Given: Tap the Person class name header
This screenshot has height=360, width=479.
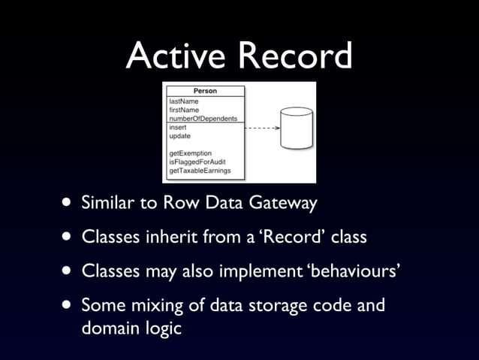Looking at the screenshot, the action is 205,91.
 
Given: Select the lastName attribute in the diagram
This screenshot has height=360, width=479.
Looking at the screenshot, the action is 184,101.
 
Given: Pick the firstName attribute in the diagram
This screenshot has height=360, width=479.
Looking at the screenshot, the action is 184,110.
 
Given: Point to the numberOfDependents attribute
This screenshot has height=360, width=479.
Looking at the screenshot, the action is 203,118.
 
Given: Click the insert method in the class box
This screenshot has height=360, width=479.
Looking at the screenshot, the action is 179,127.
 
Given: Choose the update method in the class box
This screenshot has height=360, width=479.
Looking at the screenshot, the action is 180,136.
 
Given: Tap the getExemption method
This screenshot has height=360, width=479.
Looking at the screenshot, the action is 192,153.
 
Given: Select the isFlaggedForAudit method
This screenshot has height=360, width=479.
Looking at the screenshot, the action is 197,162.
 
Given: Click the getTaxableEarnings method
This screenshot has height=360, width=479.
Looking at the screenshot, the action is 200,171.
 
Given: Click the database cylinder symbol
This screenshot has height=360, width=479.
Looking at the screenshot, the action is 296,129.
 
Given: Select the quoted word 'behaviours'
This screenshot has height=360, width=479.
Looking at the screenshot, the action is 354,271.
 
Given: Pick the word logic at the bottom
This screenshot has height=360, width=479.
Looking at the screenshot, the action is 164,328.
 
